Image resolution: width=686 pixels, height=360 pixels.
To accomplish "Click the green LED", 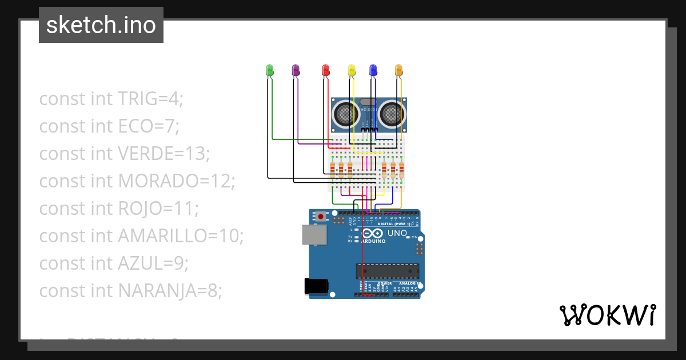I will [270, 70].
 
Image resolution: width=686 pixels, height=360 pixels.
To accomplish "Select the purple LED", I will [296, 70].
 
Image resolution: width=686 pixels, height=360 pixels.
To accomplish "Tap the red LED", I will [325, 70].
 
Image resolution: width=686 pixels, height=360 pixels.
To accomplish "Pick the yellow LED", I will [352, 70].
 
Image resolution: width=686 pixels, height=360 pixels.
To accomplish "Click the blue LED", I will [373, 70].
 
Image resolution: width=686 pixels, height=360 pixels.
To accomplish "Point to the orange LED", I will [399, 70].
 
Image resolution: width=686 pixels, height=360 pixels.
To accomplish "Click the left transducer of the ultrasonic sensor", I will [345, 114].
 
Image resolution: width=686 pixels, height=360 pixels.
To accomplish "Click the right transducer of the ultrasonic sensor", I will [392, 114].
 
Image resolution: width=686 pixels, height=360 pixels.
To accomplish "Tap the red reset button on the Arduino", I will [321, 217].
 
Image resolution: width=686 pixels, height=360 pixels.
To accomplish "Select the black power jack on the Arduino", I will [316, 286].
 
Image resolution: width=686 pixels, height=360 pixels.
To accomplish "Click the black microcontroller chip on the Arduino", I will [387, 271].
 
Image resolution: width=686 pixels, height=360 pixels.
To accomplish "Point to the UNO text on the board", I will [397, 233].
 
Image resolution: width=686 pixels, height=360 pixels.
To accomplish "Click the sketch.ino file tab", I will [101, 25].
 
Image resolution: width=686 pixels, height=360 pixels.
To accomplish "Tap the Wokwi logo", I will [607, 315].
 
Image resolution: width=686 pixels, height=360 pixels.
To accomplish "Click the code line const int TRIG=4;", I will [111, 99].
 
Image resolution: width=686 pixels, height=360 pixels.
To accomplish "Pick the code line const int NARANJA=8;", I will [130, 291].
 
